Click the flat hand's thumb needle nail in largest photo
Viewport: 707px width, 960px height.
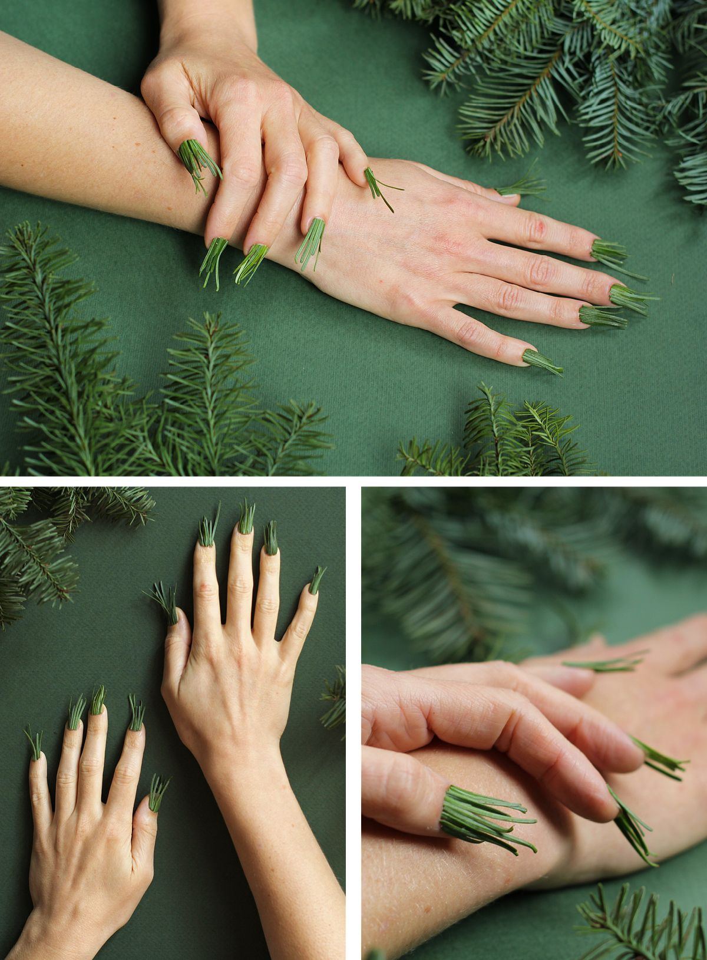[521, 188]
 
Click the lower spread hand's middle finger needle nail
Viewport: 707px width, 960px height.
[98, 701]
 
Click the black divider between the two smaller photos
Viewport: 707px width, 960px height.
[353, 707]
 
